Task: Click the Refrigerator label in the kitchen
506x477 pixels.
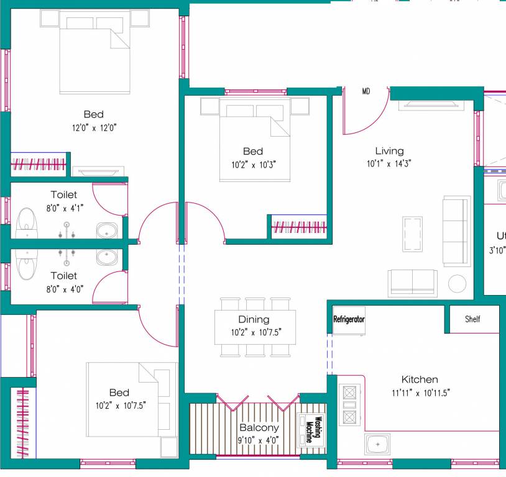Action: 349,320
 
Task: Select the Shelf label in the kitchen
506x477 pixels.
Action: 472,320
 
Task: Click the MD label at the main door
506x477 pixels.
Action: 366,91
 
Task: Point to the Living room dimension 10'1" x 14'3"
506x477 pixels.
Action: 389,164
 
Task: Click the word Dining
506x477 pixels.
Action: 254,319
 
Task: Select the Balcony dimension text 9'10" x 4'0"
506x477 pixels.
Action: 259,440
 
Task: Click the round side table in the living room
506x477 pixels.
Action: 458,283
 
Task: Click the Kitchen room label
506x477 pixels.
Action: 419,379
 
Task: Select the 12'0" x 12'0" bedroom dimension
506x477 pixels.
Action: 94,127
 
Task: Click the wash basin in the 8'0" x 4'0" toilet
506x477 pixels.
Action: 108,256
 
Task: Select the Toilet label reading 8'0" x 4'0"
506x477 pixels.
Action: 64,275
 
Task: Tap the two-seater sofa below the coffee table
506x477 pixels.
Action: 412,283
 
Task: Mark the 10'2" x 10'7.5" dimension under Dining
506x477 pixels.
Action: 256,333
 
